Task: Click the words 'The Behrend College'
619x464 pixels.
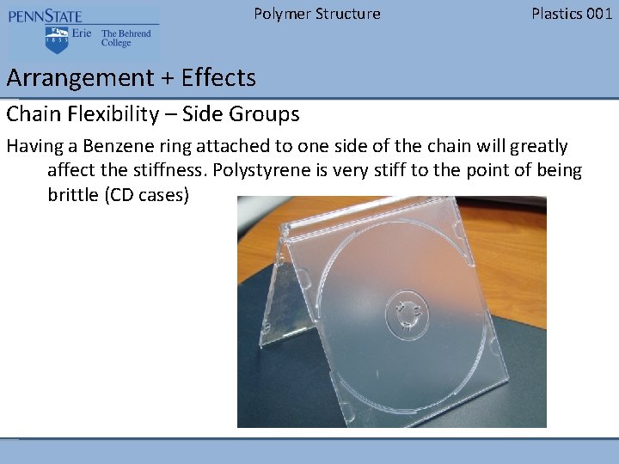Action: click(x=126, y=39)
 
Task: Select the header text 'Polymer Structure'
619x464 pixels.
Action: click(x=316, y=14)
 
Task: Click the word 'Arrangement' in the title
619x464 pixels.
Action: click(x=78, y=78)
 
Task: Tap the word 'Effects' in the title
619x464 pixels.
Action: click(x=218, y=78)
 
